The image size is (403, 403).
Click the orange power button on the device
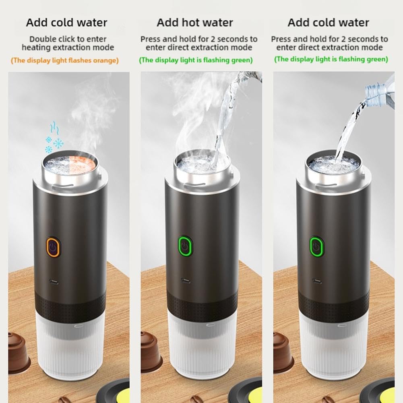[53, 246]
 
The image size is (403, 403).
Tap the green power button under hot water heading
[185, 246]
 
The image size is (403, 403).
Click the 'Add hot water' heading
[195, 23]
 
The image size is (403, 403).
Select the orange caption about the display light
[65, 60]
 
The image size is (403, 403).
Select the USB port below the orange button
[54, 282]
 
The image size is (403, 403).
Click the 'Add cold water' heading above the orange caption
[66, 23]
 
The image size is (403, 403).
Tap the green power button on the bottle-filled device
[316, 246]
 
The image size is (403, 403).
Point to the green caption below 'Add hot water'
[196, 60]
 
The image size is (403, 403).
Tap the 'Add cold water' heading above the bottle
[328, 23]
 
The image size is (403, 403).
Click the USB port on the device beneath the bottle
[317, 281]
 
